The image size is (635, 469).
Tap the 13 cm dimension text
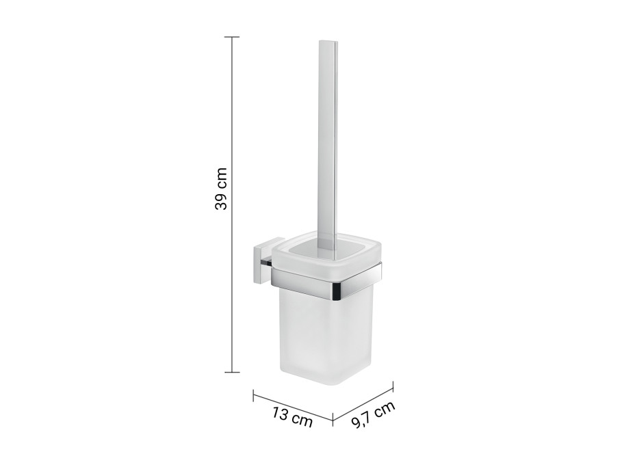tap(291, 416)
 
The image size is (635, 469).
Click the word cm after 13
tap(300, 419)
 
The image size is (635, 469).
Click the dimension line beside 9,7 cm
tap(363, 403)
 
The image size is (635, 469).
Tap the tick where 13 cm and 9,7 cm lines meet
tap(333, 417)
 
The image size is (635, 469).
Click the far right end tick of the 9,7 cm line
tap(393, 387)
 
